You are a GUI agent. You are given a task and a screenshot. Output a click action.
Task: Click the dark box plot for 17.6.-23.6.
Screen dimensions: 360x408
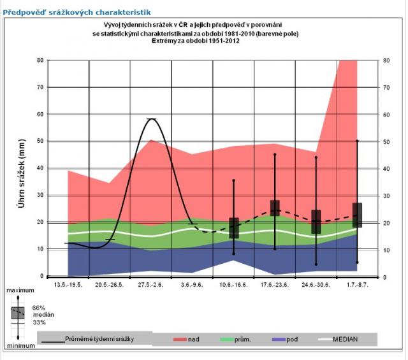point(275,208)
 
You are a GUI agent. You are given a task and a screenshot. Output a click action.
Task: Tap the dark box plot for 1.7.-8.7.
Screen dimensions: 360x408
point(357,215)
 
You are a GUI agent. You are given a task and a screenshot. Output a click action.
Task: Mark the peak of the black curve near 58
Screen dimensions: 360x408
point(152,119)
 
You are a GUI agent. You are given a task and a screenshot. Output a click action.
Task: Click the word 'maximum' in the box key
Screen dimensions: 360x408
point(20,291)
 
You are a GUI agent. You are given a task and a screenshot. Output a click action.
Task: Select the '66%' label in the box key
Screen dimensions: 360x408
point(40,307)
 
